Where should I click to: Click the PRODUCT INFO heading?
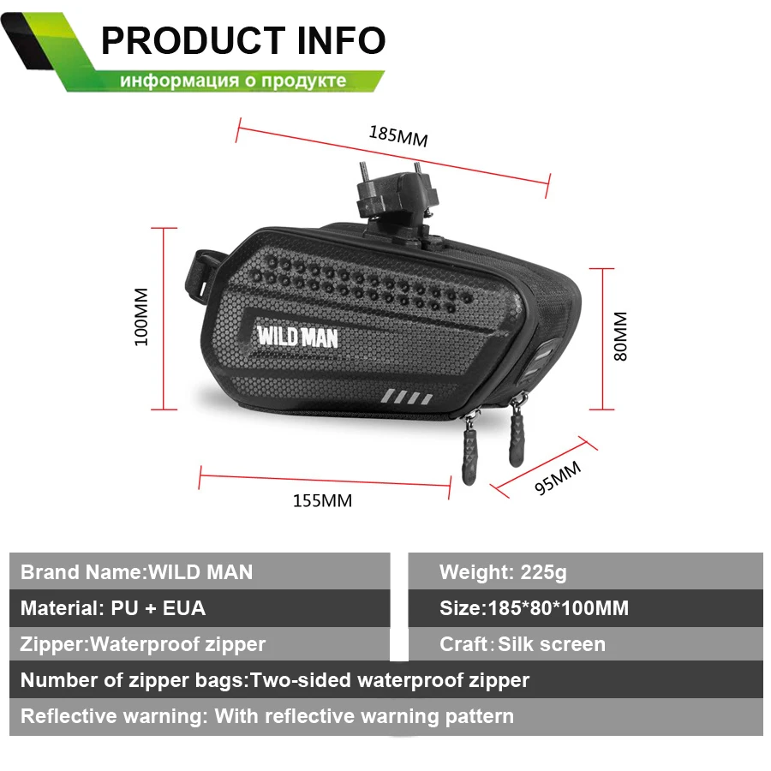tap(243, 40)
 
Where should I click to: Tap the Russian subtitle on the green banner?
tap(233, 81)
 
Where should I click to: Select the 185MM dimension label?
tap(397, 134)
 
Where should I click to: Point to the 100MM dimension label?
tap(142, 316)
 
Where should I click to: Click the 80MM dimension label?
tap(620, 336)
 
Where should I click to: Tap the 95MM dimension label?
tap(558, 477)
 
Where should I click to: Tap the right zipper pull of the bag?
tap(517, 432)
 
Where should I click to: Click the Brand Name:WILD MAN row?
tap(137, 571)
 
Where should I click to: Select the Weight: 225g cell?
tap(503, 571)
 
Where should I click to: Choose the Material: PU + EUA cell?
tap(113, 608)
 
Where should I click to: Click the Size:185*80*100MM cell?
tap(534, 608)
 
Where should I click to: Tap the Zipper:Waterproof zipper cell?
tap(143, 644)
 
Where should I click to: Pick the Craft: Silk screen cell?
tap(522, 644)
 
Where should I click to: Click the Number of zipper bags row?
tap(275, 680)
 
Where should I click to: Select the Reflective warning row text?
tap(267, 716)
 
